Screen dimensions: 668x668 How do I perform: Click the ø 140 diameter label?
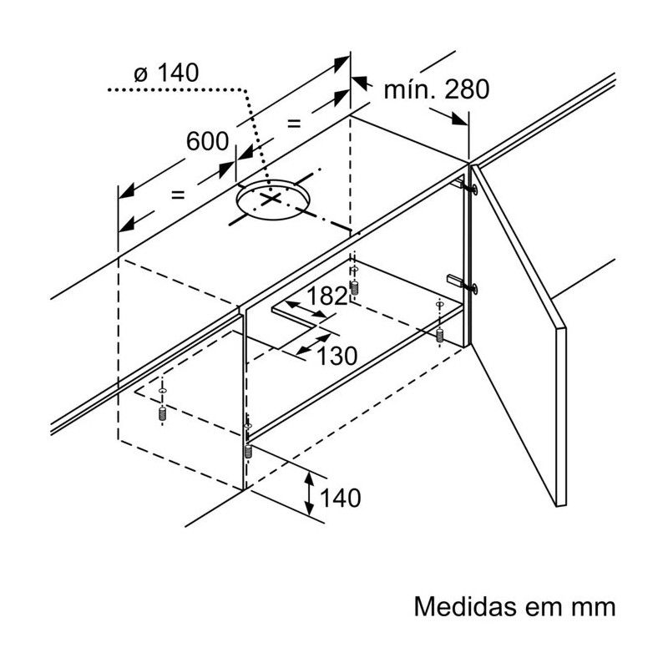point(166,73)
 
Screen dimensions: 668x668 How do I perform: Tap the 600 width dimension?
point(207,141)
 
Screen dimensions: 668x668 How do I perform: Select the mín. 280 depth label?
point(436,90)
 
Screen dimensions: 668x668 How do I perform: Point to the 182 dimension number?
point(326,296)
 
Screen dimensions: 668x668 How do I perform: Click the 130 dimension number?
point(337,356)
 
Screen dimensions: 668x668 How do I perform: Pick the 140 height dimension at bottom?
point(341,498)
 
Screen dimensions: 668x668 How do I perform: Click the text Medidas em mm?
point(514,606)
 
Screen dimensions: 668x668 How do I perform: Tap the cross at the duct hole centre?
point(271,198)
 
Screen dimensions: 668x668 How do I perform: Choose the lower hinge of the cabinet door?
point(463,284)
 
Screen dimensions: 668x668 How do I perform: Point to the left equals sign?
point(178,195)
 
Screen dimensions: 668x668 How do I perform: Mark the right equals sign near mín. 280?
point(294,124)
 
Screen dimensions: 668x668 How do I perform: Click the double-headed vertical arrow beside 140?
point(309,493)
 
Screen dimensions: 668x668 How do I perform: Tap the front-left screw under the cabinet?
point(161,412)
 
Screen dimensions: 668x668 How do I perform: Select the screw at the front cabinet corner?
point(248,451)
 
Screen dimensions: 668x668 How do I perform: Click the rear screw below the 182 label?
point(354,287)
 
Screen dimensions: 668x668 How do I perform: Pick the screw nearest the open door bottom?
point(440,335)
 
